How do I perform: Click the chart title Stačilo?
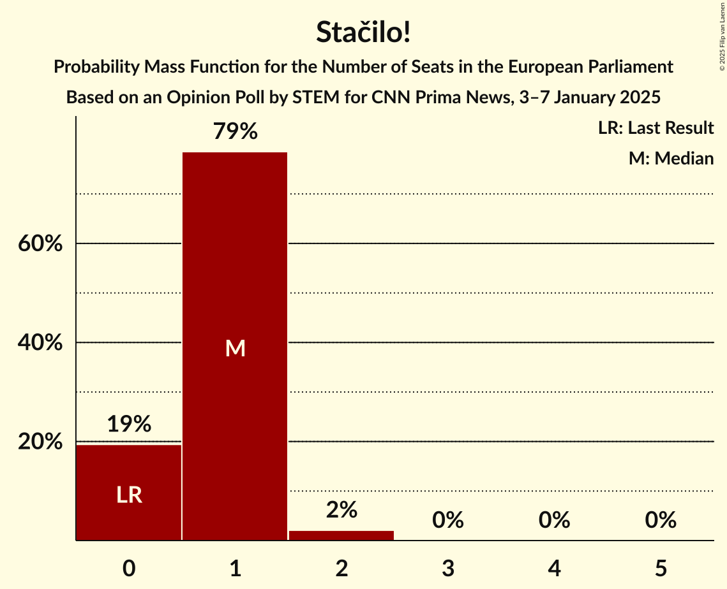(x=363, y=33)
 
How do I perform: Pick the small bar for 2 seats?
(x=341, y=535)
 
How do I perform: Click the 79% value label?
(x=235, y=132)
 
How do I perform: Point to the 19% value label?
(x=129, y=424)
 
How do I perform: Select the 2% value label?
(x=341, y=510)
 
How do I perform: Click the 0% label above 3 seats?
(x=447, y=520)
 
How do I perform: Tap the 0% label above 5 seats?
(x=660, y=520)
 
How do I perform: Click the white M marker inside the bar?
(x=235, y=348)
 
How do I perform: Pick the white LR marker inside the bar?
(x=129, y=495)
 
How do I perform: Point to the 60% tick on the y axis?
(x=40, y=244)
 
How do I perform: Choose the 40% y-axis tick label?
(x=40, y=343)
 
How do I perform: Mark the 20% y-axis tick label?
(x=40, y=442)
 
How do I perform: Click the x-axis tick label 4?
(x=554, y=568)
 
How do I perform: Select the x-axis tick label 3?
(x=447, y=568)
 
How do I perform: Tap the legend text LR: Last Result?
(x=656, y=128)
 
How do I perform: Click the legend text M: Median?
(x=671, y=158)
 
